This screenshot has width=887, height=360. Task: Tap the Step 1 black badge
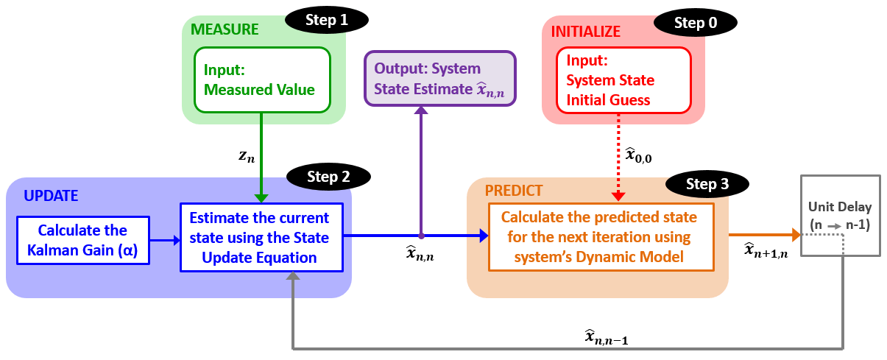click(328, 21)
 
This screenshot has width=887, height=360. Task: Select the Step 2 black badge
click(328, 177)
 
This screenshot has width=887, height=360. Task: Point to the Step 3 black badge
click(707, 184)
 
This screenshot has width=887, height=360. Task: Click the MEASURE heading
click(225, 30)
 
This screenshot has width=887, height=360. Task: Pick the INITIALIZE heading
click(586, 32)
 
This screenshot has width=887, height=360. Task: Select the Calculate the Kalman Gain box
click(82, 239)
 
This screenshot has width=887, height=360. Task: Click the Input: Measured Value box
click(259, 80)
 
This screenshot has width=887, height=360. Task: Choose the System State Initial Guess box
click(623, 80)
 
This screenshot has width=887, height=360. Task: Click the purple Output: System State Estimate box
click(440, 78)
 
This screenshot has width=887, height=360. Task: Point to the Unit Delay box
click(839, 215)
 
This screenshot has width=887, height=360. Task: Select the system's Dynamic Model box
click(601, 237)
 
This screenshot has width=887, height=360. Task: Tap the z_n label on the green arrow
click(245, 157)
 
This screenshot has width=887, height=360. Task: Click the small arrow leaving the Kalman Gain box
click(165, 239)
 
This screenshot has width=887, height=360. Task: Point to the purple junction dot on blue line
click(421, 236)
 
